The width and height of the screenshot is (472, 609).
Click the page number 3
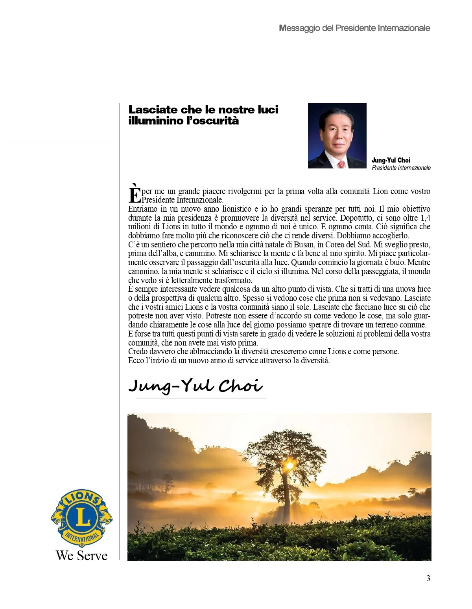pos(428,578)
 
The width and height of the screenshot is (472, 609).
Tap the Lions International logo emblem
pos(82,518)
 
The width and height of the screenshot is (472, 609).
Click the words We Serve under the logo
pos(81,556)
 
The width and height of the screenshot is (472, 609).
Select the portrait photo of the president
pos(337,135)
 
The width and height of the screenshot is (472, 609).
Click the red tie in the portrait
pos(341,164)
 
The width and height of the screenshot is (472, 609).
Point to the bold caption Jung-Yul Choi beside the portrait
pos(391,160)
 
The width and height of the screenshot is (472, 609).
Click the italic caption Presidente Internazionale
pos(401,168)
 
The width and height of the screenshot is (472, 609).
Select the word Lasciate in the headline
pos(153,110)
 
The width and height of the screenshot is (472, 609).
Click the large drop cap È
pos(135,194)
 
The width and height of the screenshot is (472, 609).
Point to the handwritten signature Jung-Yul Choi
pos(195,386)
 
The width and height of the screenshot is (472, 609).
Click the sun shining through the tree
pos(290,465)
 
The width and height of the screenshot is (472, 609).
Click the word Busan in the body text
pos(304,245)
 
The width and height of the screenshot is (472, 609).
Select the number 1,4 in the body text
pos(425,218)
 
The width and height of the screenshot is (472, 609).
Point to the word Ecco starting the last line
pos(136,360)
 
